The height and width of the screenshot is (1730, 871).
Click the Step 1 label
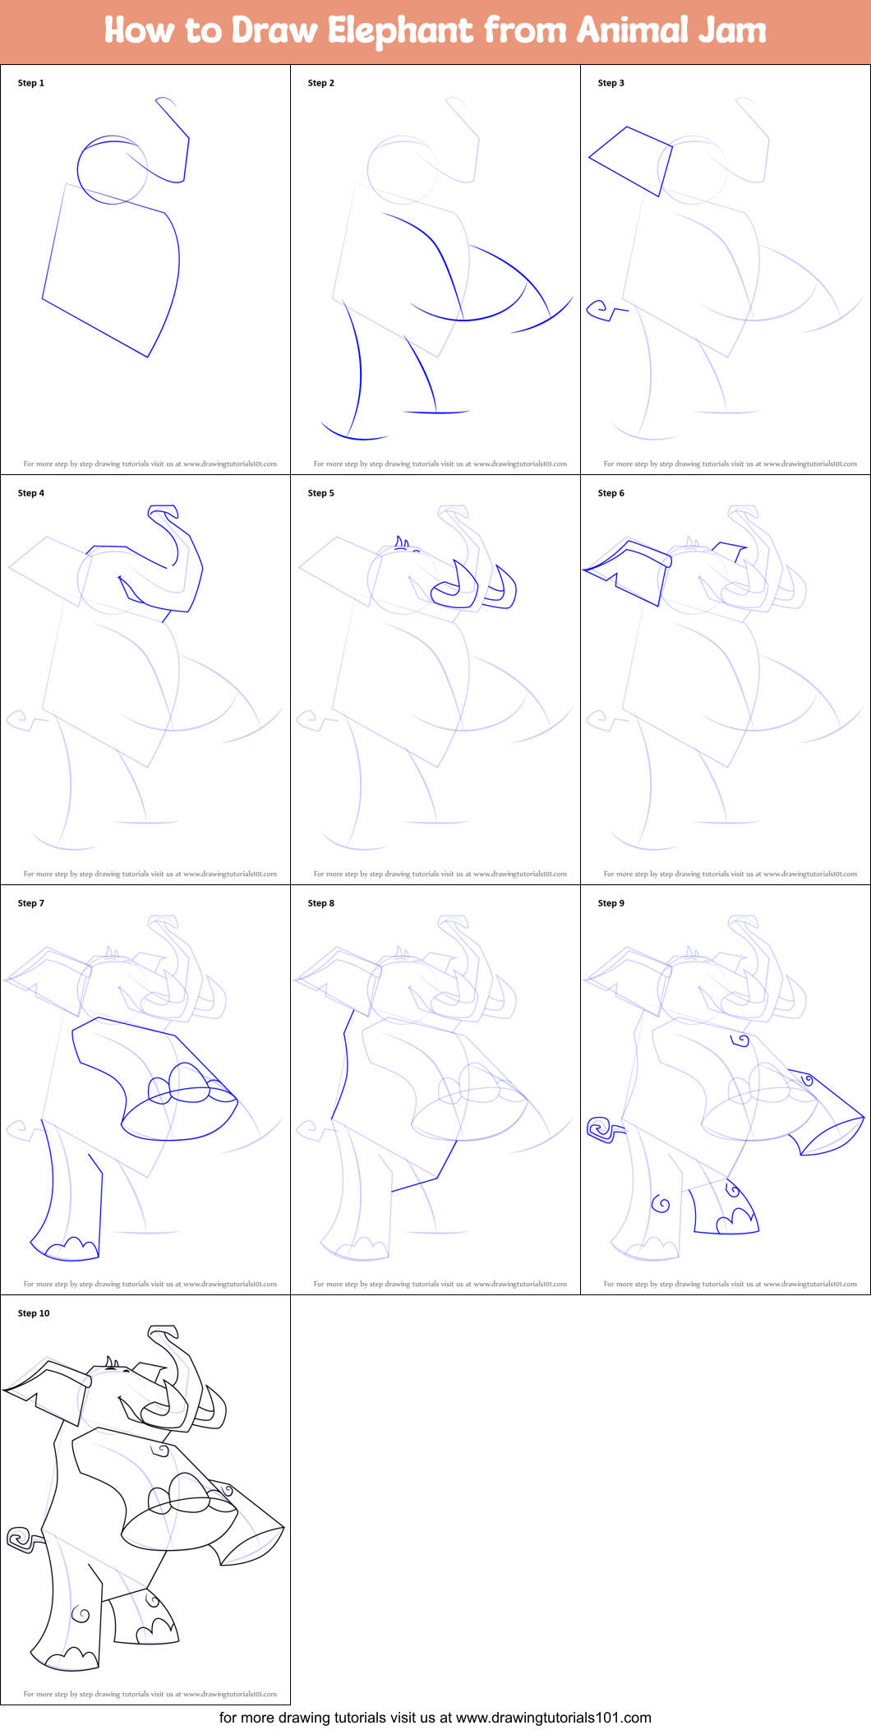point(30,83)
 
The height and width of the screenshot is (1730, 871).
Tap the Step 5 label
point(320,493)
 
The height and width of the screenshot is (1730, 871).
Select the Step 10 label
point(34,1313)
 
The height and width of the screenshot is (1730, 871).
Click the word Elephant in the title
point(400,31)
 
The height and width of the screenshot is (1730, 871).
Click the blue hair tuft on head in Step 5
point(402,542)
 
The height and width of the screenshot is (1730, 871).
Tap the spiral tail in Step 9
point(600,1129)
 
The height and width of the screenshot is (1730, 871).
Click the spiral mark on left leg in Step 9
point(661,1204)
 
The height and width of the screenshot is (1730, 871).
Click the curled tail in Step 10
point(20,1538)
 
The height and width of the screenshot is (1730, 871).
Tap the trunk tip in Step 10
point(163,1332)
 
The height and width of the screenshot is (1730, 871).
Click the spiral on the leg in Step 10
point(81,1614)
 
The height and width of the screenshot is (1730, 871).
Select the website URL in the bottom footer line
point(553,1718)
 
